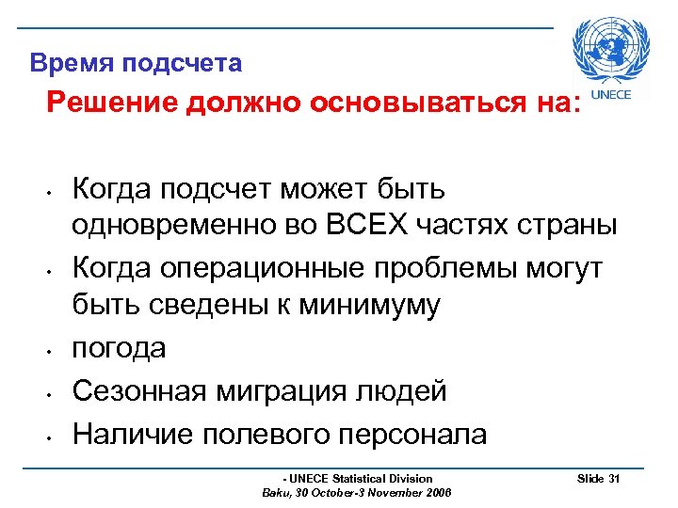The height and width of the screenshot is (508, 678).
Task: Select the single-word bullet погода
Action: [x=120, y=349]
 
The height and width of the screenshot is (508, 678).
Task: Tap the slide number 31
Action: [x=614, y=479]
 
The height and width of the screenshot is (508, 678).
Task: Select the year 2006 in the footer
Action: [x=438, y=492]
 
